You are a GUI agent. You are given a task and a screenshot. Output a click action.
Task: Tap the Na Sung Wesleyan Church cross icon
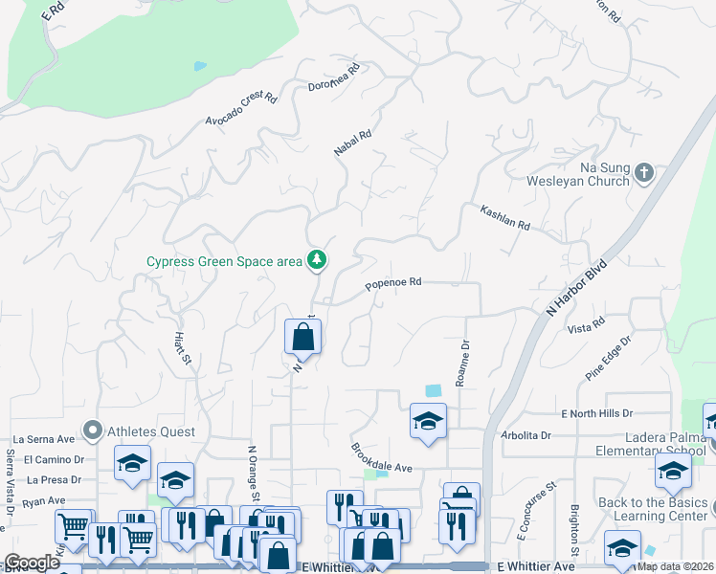(644, 173)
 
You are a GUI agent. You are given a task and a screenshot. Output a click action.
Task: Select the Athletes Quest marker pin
(93, 431)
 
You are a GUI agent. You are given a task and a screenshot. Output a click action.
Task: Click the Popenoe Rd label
(393, 283)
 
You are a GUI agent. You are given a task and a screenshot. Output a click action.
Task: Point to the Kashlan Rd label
(504, 217)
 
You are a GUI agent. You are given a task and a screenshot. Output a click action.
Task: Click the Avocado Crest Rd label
(240, 110)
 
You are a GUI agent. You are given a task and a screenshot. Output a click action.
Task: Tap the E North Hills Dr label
(596, 413)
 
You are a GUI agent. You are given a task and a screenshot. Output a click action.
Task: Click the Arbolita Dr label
(526, 435)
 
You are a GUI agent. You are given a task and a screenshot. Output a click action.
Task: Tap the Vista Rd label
(586, 327)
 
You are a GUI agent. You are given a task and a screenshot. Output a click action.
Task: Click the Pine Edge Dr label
(609, 358)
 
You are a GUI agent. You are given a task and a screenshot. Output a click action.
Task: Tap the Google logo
(32, 563)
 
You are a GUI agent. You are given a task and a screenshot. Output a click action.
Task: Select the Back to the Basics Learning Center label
(654, 510)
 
